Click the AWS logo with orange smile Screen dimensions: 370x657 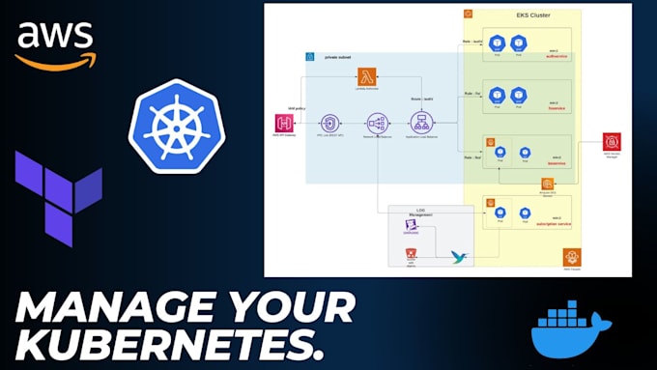(x=55, y=45)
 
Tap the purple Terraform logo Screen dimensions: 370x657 (x=57, y=197)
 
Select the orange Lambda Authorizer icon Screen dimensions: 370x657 (x=366, y=77)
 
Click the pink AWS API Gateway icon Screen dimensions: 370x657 (x=284, y=124)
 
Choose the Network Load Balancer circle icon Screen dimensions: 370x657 (x=377, y=124)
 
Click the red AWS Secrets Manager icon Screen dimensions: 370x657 (x=612, y=142)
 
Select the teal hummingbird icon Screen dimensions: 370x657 (x=459, y=256)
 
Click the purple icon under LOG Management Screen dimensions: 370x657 (x=412, y=226)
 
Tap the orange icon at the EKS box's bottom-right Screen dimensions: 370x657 (x=571, y=256)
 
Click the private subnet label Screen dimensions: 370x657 (x=336, y=57)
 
